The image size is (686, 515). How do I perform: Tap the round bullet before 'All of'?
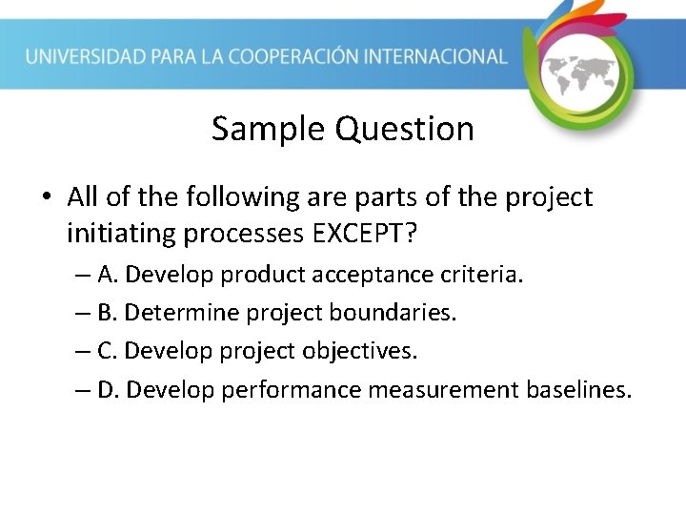(45, 198)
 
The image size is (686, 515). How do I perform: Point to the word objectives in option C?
(359, 351)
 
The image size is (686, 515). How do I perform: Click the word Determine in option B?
(171, 313)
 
